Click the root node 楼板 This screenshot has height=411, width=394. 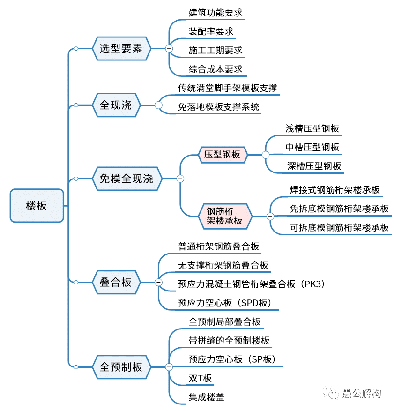[x=37, y=205]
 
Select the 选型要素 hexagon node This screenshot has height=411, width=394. [x=121, y=48]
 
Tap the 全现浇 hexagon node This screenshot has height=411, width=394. [x=116, y=105]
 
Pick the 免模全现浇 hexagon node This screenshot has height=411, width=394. [x=126, y=179]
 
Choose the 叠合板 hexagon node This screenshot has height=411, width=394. [x=116, y=282]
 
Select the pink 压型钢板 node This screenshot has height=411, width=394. [x=222, y=154]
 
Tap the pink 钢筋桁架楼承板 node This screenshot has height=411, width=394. [x=225, y=216]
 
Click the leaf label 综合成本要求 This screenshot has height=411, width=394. [x=216, y=69]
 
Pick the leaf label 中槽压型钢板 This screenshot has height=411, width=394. [x=312, y=147]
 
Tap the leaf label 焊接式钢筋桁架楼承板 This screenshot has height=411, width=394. [x=335, y=190]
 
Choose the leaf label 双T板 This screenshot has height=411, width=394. [x=200, y=378]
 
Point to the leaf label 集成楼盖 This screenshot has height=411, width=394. [x=206, y=397]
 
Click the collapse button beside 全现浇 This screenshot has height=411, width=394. [x=158, y=105]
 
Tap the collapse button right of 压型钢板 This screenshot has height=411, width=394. [x=266, y=155]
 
